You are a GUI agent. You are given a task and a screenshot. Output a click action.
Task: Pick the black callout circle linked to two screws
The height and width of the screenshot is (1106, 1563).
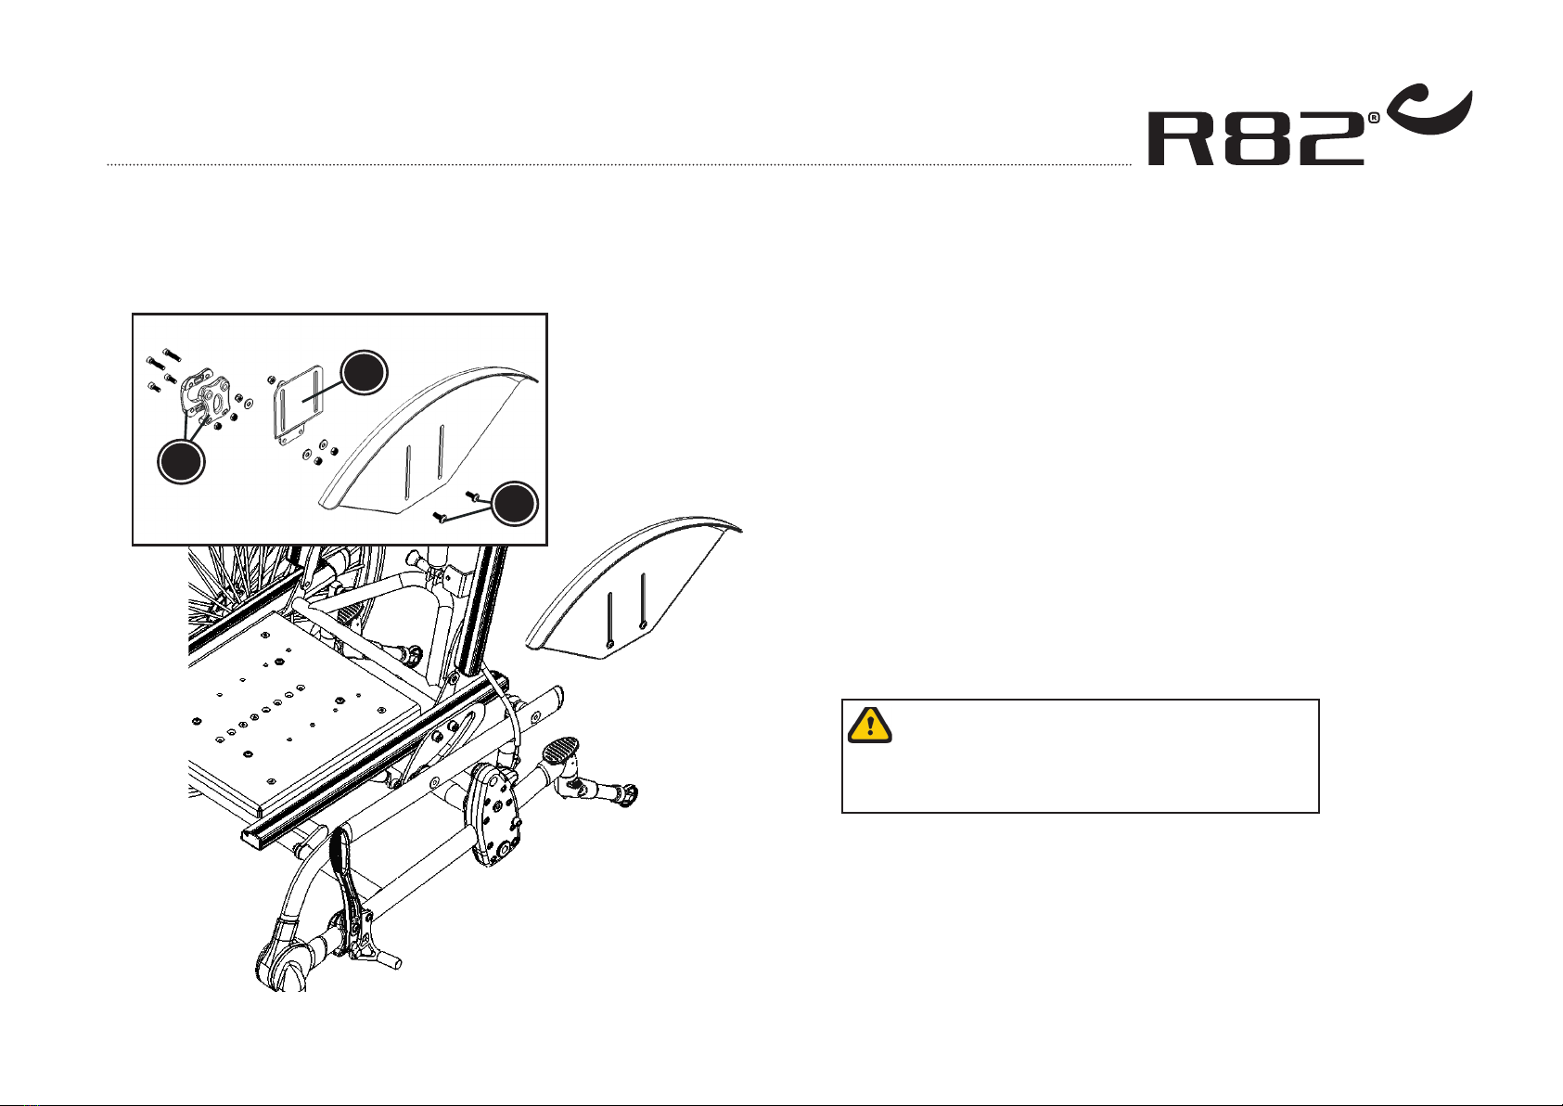pos(515,504)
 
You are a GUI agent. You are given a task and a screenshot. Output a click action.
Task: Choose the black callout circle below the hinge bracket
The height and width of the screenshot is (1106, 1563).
pos(180,461)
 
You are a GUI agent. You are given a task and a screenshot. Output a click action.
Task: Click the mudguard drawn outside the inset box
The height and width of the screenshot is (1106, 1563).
pos(631,594)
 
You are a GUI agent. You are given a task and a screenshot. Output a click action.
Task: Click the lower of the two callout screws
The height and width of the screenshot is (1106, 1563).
pos(441,517)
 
